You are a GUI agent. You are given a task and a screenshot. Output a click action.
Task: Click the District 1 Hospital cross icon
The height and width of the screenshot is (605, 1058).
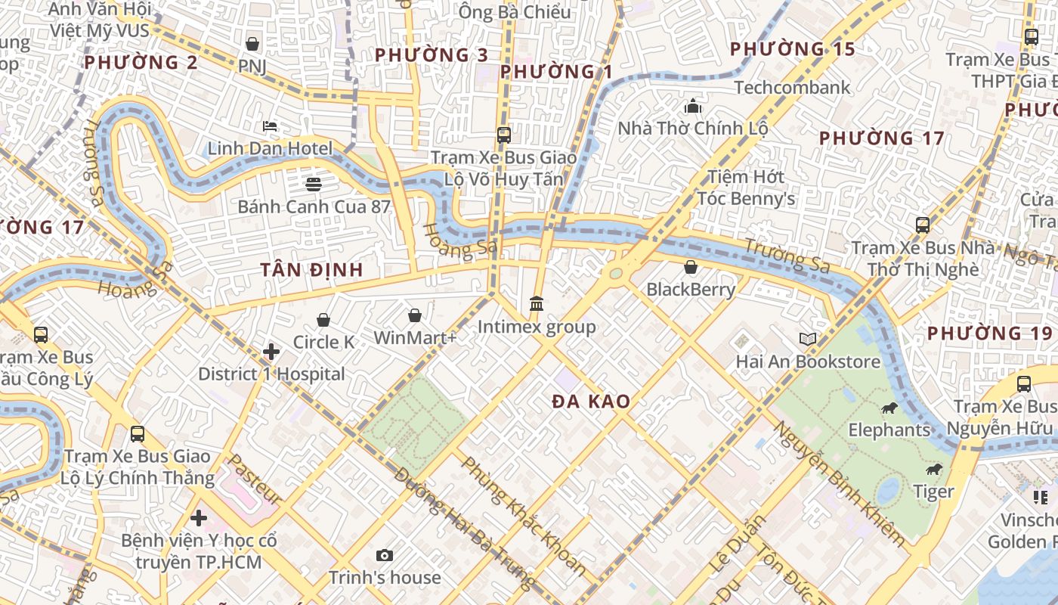pos(271,352)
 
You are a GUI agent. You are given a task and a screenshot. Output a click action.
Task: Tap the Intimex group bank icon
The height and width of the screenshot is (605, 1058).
pos(537,304)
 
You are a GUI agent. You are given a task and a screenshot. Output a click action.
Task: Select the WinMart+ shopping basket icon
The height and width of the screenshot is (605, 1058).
pos(414,315)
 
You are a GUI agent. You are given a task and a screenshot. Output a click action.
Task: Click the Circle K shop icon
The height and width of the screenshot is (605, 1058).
pos(323,320)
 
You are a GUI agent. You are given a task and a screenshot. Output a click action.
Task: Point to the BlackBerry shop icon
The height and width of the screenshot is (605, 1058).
pos(690,267)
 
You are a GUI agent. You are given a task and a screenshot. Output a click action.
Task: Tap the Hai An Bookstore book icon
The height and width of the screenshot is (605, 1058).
pos(808,339)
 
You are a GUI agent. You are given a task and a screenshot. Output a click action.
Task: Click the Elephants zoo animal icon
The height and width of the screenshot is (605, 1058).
pos(889,408)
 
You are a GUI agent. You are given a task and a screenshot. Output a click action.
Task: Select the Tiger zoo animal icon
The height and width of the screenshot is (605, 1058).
pos(934,470)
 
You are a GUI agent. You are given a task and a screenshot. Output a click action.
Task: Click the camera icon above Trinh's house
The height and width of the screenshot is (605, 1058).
pos(384,556)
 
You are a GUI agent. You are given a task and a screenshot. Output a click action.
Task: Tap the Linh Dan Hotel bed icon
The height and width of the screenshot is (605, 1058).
pos(270,126)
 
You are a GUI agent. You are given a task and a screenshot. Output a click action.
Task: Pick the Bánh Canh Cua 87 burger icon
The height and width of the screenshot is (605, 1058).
pos(314,183)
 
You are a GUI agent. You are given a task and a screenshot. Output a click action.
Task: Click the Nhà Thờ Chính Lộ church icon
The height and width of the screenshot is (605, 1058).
pos(692,106)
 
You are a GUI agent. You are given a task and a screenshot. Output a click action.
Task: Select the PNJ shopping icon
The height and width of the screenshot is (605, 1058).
pos(252,44)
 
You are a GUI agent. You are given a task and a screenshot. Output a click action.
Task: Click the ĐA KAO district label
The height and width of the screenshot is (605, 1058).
pos(591,402)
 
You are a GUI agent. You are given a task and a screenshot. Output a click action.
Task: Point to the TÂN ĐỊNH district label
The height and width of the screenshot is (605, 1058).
pos(311,270)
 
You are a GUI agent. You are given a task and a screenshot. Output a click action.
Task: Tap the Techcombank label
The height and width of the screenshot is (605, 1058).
pos(792,88)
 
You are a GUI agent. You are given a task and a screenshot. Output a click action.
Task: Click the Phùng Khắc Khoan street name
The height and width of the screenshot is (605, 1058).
pos(524,516)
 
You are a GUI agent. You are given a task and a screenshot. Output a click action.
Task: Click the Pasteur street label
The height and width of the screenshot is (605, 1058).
pos(255,479)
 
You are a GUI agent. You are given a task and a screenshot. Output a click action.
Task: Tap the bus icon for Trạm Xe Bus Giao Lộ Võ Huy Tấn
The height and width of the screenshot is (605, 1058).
pos(504,135)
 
